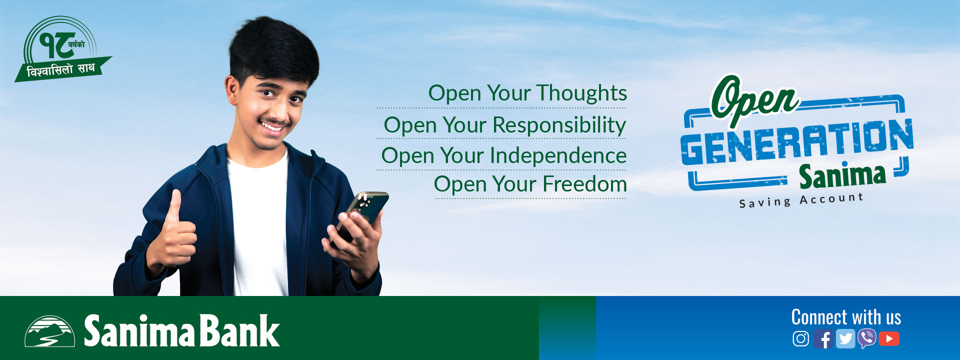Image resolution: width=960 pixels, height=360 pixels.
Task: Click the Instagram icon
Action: pos(800,338)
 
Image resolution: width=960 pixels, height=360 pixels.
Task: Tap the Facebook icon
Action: pos(823,339)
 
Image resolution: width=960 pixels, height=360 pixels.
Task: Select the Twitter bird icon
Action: pos(845,339)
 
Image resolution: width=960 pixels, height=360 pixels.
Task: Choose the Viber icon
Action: pos(867,338)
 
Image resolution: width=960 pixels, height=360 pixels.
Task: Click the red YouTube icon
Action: pos(889,339)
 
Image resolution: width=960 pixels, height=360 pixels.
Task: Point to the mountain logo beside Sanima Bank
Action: pos(49,331)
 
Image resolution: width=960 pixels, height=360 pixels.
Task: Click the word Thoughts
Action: pos(582,93)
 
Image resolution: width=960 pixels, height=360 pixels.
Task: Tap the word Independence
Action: pos(558,155)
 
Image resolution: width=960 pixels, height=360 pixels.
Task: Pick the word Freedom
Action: pos(585,184)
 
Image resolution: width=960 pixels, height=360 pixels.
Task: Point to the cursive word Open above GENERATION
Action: pos(754,100)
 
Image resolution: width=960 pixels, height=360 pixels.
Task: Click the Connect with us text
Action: pos(846,317)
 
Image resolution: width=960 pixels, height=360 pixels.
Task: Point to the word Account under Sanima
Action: pos(831,198)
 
